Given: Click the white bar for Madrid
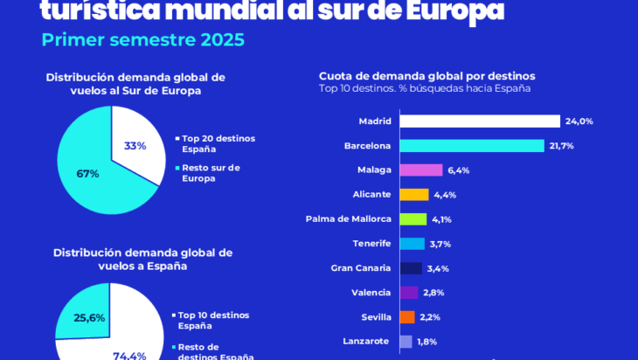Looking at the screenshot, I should click(x=479, y=121).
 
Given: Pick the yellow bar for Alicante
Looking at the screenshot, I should click(x=413, y=195).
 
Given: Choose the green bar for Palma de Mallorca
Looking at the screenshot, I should click(x=413, y=219).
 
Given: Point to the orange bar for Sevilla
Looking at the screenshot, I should click(x=406, y=317).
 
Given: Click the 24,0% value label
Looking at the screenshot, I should click(x=579, y=121).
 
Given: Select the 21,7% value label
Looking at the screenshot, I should click(x=561, y=146).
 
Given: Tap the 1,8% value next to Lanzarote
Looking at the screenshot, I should click(x=426, y=342).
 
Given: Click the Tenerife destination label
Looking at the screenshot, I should click(x=372, y=244).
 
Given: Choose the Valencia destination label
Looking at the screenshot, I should click(x=371, y=293).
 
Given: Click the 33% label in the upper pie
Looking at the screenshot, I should click(x=135, y=146).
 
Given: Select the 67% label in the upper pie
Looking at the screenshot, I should click(x=87, y=174).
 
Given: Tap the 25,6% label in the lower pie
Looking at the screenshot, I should click(x=89, y=318).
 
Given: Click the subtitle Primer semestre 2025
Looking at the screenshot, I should click(x=142, y=40).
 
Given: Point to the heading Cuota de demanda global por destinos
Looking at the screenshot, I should click(x=426, y=76).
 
